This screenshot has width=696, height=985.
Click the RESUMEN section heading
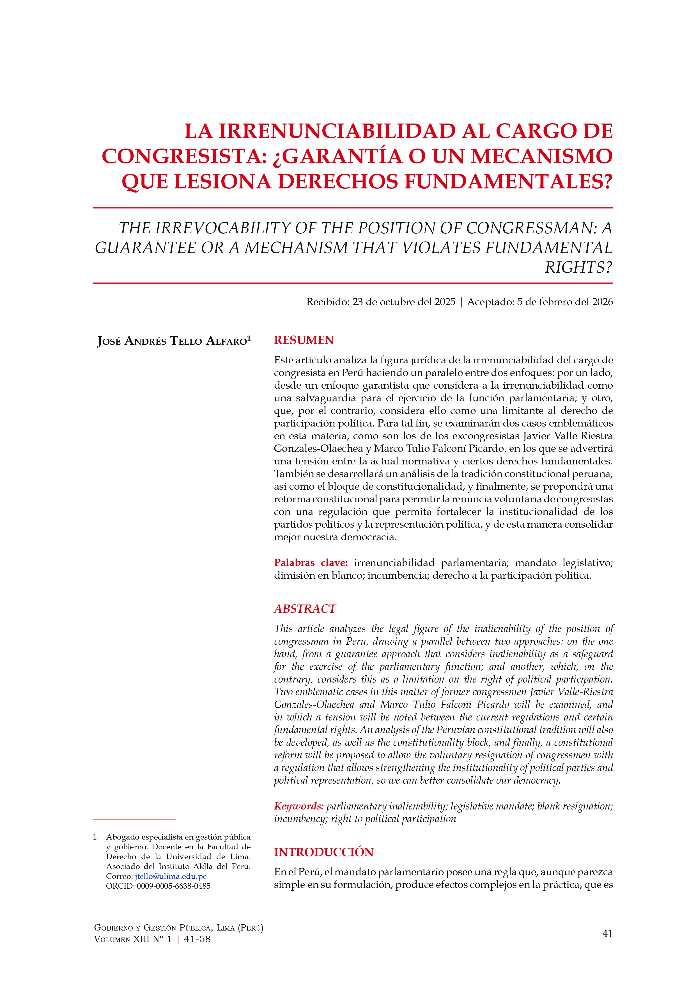pos(304,340)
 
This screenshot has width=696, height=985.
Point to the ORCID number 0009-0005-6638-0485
pos(174,886)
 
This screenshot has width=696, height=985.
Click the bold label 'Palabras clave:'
pos(311,562)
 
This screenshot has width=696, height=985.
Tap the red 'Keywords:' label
pos(299,806)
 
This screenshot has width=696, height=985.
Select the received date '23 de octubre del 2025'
pos(404,302)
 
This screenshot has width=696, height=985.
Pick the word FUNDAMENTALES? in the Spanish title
pos(509,181)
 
